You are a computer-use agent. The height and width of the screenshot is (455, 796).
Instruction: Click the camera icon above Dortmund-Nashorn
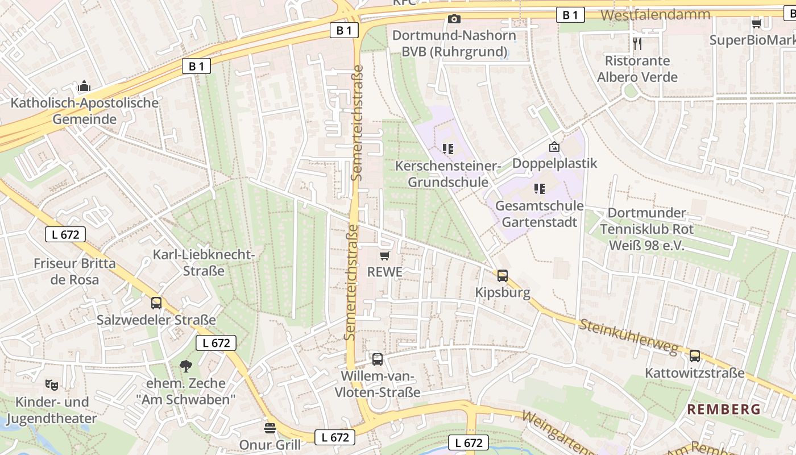tap(454, 19)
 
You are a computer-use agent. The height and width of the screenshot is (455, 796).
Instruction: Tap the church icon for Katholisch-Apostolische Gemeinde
tap(84, 86)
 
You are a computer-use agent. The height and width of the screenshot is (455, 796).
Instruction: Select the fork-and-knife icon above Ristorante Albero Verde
tap(637, 43)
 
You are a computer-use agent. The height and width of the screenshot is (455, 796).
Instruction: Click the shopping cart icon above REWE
tap(384, 255)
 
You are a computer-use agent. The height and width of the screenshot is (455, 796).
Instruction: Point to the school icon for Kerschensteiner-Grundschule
tap(448, 149)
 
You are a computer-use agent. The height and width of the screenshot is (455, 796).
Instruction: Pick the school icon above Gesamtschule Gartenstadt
tap(539, 188)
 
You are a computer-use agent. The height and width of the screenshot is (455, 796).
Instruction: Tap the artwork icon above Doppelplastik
tap(554, 147)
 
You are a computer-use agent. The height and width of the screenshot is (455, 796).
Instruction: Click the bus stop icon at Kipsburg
tap(503, 276)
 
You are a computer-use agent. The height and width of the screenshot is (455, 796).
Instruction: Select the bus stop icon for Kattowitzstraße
tap(694, 356)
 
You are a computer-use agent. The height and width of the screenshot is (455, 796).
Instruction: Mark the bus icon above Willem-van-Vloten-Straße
tap(378, 359)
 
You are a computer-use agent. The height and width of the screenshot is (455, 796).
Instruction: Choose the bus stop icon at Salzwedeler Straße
tap(156, 303)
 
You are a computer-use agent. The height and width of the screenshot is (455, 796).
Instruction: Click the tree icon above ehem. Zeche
tap(185, 366)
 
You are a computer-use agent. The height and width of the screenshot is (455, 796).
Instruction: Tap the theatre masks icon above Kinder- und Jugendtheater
tap(52, 384)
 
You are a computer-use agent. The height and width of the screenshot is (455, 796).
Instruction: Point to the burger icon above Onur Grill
tap(270, 427)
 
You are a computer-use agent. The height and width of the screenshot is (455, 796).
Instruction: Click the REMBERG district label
tap(724, 409)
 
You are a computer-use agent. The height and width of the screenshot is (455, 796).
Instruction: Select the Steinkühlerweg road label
tap(629, 336)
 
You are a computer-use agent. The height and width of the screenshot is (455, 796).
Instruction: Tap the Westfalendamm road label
tap(655, 15)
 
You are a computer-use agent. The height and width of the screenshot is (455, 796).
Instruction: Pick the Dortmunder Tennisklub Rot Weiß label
tap(647, 229)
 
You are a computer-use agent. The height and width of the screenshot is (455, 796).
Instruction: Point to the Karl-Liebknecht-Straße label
tap(204, 262)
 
